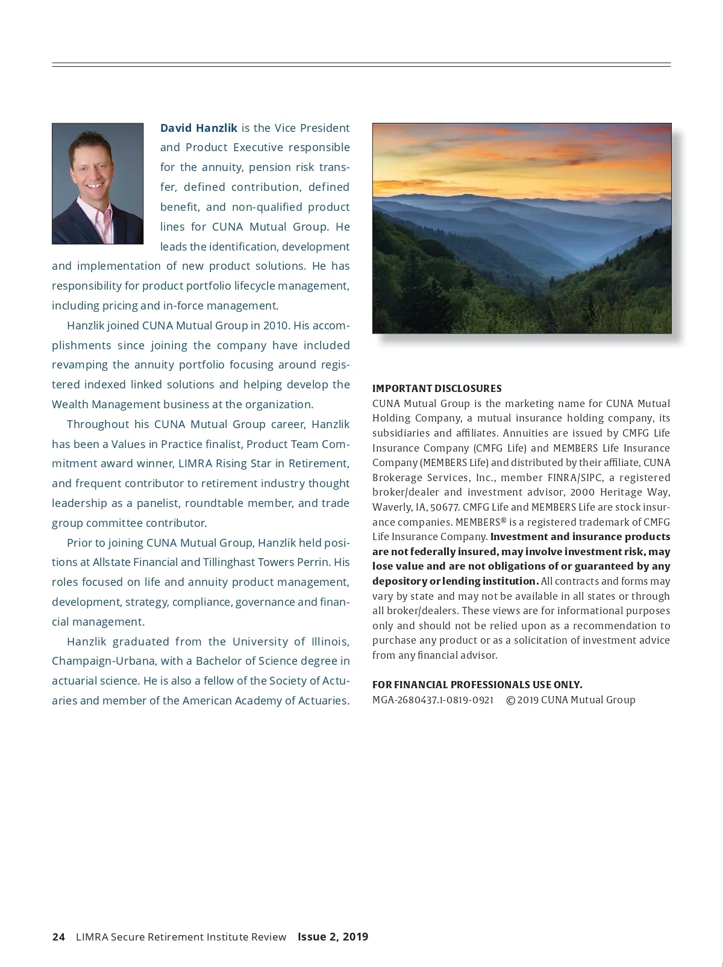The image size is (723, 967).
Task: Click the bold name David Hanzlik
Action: (x=198, y=128)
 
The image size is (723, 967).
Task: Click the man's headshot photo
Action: (x=98, y=184)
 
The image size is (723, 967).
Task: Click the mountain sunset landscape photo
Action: (x=521, y=228)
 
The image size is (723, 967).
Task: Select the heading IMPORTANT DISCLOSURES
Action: (x=437, y=388)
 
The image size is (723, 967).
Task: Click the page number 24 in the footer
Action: (x=58, y=937)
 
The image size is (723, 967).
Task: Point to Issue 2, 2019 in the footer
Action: (x=333, y=937)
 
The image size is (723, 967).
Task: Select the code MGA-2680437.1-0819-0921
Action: (x=433, y=700)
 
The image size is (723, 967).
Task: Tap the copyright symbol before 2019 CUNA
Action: (x=510, y=700)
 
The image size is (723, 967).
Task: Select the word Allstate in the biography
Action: (x=113, y=562)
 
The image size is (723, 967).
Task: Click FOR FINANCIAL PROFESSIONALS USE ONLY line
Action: (x=477, y=685)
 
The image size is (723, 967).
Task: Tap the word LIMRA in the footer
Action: (x=92, y=937)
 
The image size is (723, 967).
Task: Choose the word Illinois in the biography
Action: (x=330, y=641)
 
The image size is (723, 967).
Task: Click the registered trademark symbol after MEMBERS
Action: (x=503, y=520)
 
